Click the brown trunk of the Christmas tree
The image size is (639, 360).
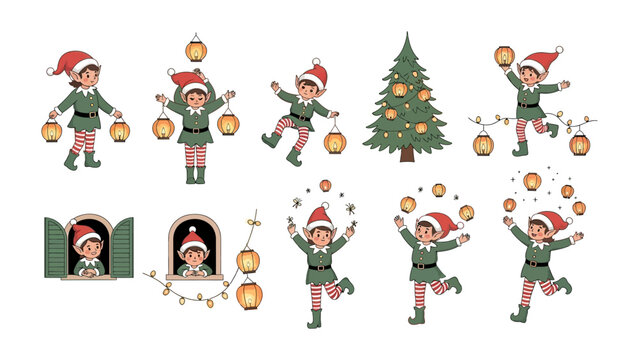[x=406, y=154]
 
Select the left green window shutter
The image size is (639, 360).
[x=56, y=247]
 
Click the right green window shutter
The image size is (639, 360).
[x=121, y=247]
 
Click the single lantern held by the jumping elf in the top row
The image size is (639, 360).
[x=334, y=141]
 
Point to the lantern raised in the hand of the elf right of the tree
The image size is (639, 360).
[x=504, y=56]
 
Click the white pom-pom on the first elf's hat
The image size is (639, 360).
[x=51, y=71]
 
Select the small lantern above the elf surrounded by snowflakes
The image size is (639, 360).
[x=324, y=186]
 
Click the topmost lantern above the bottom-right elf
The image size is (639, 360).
[x=532, y=181]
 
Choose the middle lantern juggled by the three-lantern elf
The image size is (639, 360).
[x=438, y=190]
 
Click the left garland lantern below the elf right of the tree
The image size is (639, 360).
[x=483, y=144]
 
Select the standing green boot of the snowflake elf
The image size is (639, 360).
[x=316, y=318]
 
